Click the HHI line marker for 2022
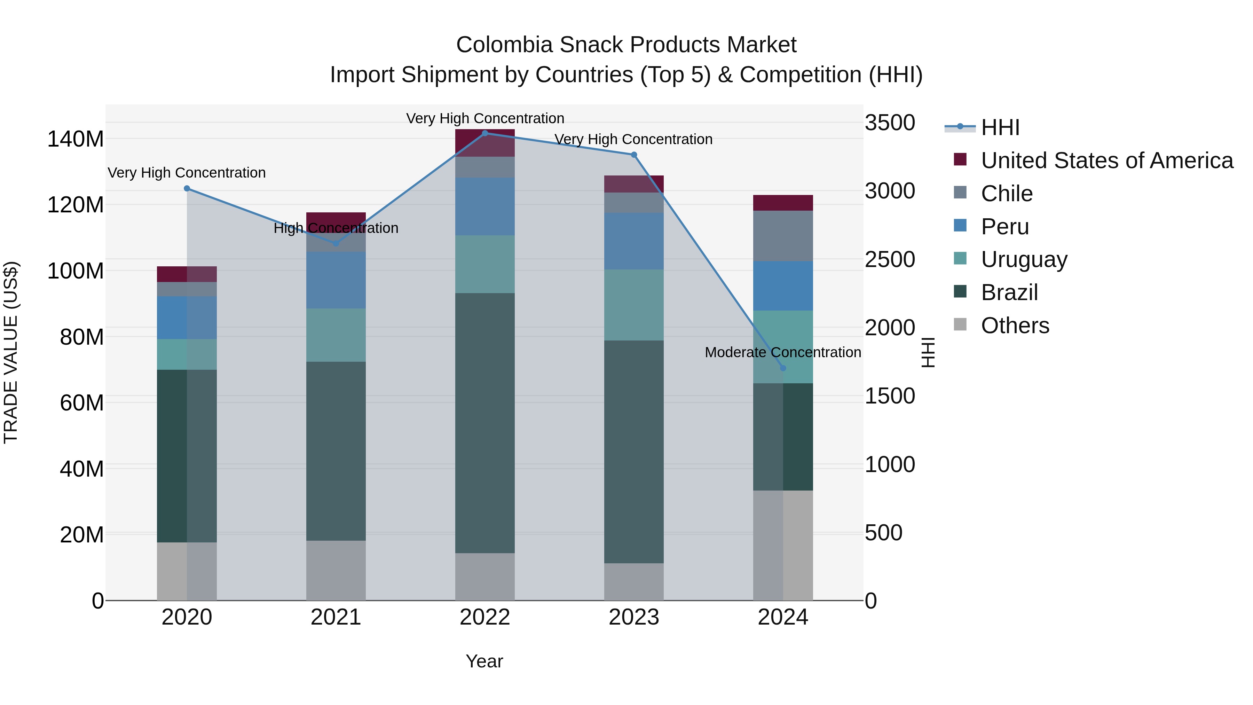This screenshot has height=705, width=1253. tap(484, 133)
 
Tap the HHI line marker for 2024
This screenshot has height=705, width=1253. tap(783, 368)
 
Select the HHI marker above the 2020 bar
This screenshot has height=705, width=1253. tap(187, 188)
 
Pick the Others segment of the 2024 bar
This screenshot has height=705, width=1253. tap(783, 545)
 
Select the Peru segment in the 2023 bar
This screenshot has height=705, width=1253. tap(633, 241)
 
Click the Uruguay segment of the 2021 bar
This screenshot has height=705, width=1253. tap(336, 335)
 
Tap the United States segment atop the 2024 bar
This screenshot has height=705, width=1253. tap(783, 202)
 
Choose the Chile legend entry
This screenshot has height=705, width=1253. tap(1006, 193)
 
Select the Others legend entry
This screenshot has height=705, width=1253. tap(1014, 326)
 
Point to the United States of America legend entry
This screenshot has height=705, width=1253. tap(1106, 160)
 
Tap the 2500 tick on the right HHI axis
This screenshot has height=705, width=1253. tap(890, 259)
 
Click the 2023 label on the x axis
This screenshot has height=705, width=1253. tap(633, 617)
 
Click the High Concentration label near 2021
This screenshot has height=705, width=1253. tap(336, 228)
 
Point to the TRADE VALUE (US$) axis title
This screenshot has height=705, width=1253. tap(11, 352)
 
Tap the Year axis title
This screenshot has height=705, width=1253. tap(484, 661)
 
